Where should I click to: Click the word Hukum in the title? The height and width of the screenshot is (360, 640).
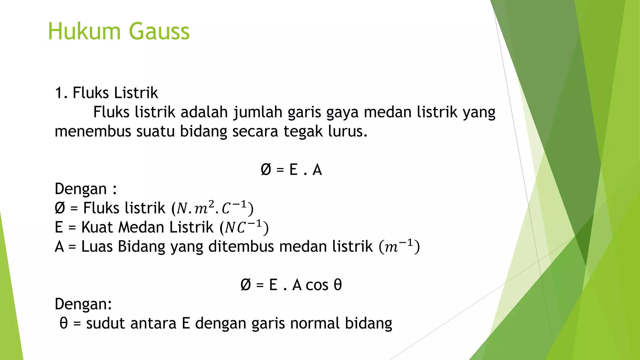84,31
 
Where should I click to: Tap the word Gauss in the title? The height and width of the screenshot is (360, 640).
159,31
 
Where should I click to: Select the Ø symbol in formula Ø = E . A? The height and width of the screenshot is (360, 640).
266,170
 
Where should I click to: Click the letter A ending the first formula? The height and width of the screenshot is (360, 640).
317,170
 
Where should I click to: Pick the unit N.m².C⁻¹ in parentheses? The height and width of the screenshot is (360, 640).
212,208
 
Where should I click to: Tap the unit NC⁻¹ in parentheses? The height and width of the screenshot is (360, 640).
244,227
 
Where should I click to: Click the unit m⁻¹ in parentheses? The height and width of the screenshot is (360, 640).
399,247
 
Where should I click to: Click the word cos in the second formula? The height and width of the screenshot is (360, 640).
317,285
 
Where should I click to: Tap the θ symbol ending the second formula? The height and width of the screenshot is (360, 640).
338,285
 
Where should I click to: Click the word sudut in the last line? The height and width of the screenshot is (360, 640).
105,323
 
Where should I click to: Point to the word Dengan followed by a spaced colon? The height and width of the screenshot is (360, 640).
81,189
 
